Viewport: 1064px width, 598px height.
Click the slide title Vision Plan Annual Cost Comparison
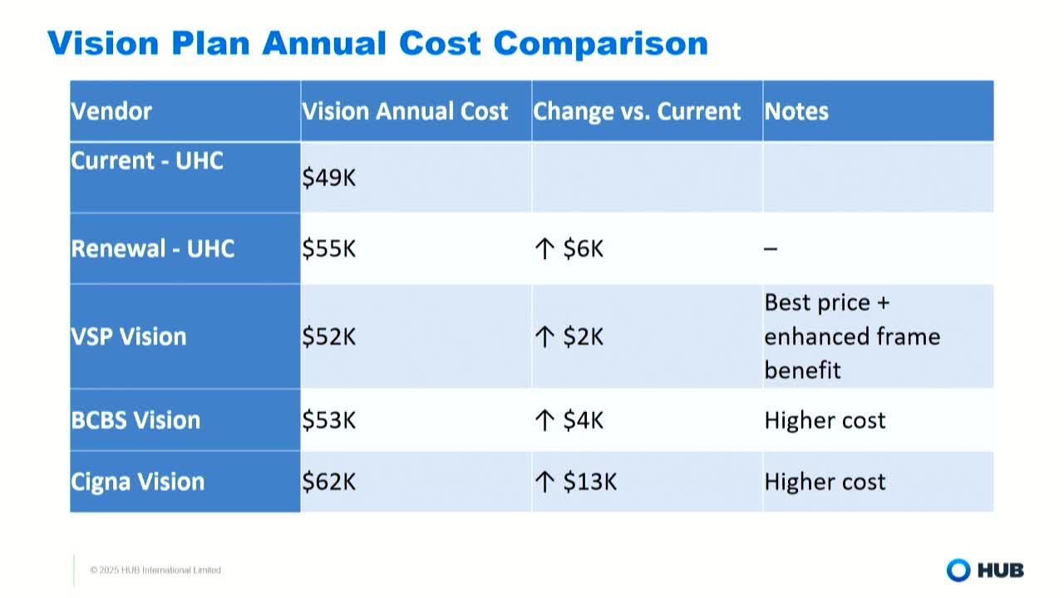pyautogui.click(x=377, y=43)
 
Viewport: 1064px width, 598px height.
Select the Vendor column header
pyautogui.click(x=111, y=111)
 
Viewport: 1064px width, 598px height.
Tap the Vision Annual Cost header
pyautogui.click(x=405, y=111)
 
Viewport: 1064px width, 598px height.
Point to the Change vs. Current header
pyautogui.click(x=637, y=111)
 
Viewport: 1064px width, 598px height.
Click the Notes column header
pyautogui.click(x=796, y=111)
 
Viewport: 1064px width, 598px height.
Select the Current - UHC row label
pyautogui.click(x=147, y=160)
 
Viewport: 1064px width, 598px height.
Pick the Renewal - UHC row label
pyautogui.click(x=153, y=248)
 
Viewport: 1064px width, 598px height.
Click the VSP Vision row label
pyautogui.click(x=129, y=336)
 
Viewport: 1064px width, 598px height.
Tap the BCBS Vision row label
pyautogui.click(x=135, y=419)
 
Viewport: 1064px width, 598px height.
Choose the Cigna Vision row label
pyautogui.click(x=138, y=482)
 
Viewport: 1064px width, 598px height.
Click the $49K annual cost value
pyautogui.click(x=329, y=178)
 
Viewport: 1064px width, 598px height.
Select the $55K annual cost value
pyautogui.click(x=329, y=248)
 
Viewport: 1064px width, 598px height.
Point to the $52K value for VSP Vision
pyautogui.click(x=329, y=336)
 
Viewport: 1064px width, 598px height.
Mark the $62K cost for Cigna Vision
pyautogui.click(x=329, y=482)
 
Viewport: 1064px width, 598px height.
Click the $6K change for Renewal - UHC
pyautogui.click(x=583, y=248)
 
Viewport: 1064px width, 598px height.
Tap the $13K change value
pyautogui.click(x=589, y=482)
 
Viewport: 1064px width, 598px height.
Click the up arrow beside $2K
pyautogui.click(x=544, y=336)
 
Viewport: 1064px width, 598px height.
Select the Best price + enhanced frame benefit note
pyautogui.click(x=852, y=336)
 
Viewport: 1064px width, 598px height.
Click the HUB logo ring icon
pyautogui.click(x=958, y=570)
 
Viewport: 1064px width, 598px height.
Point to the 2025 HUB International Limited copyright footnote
pyautogui.click(x=155, y=570)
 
